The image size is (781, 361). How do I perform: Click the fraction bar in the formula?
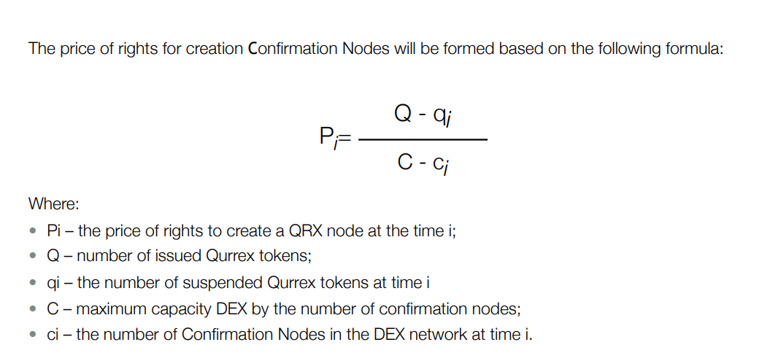coord(424,139)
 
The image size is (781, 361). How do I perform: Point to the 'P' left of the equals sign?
coord(326,135)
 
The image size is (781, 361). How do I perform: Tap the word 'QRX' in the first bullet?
coord(301,231)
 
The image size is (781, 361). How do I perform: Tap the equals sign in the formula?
coord(344,139)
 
